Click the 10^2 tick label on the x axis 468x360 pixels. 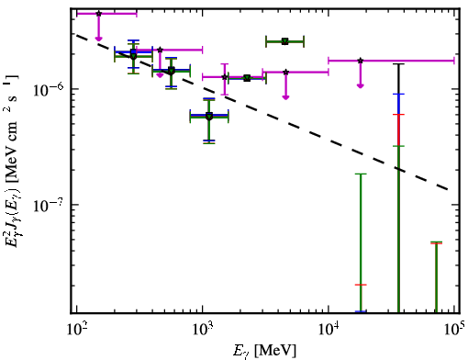(x=76, y=329)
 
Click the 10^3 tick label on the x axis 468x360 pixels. (x=203, y=329)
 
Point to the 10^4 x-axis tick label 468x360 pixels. (x=329, y=329)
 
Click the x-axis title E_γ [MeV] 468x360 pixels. (x=265, y=351)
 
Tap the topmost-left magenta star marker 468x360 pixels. (x=98, y=14)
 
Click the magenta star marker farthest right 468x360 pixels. (x=361, y=61)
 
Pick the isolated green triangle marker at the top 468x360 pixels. (x=285, y=41)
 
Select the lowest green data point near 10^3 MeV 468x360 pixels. (x=209, y=117)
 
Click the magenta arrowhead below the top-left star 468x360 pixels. (x=98, y=39)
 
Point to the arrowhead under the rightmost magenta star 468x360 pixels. (x=361, y=85)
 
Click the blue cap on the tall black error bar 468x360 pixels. (x=398, y=94)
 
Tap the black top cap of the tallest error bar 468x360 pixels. (x=398, y=64)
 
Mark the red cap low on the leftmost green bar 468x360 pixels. (x=361, y=285)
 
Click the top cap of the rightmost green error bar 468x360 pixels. (x=436, y=242)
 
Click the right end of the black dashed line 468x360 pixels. (x=449, y=190)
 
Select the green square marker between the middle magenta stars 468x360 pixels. (x=247, y=78)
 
